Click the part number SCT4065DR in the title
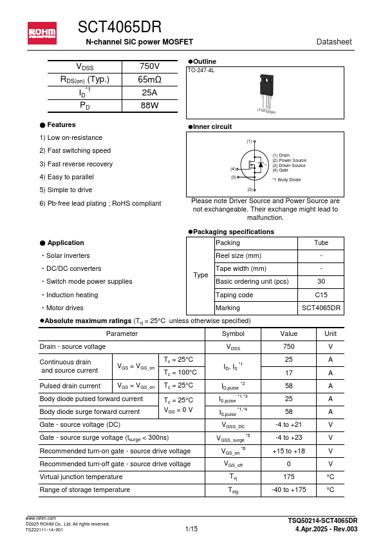[120, 27]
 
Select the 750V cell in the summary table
[149, 67]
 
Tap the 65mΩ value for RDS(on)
[149, 80]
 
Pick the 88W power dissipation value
[149, 105]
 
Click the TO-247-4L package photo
[266, 90]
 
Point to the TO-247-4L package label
[201, 70]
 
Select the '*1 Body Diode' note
[286, 180]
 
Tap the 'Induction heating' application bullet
[71, 295]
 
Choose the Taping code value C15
[321, 295]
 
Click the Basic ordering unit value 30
[321, 282]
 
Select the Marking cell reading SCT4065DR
[321, 308]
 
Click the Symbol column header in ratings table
[232, 333]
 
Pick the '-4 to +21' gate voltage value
[288, 425]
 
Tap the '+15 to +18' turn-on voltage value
[288, 451]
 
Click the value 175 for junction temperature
[288, 477]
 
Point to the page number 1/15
[191, 529]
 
